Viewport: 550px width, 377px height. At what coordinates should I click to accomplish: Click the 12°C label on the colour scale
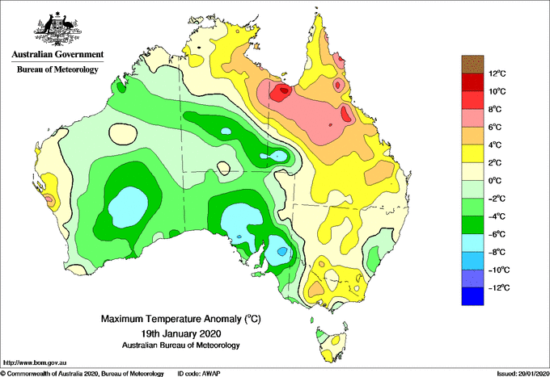tap(497, 73)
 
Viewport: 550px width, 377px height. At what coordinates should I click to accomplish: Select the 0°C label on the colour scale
tap(494, 181)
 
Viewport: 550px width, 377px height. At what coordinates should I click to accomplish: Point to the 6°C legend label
tap(494, 127)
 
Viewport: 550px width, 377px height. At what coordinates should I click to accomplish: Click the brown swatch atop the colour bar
tap(472, 64)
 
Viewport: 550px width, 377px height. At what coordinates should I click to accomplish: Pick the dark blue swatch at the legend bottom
tap(472, 296)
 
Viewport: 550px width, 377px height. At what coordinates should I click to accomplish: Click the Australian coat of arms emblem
tap(57, 29)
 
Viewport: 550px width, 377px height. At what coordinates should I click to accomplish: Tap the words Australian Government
tap(57, 54)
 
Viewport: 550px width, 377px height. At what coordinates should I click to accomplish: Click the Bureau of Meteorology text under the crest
tap(57, 69)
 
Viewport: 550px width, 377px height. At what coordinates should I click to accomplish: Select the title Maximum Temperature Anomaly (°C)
tap(181, 319)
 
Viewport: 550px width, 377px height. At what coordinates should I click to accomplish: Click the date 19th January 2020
tap(181, 333)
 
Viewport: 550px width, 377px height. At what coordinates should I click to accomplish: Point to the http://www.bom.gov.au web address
tap(34, 363)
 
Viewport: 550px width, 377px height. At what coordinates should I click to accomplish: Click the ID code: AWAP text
tap(199, 374)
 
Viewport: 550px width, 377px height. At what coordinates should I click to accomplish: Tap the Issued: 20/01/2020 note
tap(522, 374)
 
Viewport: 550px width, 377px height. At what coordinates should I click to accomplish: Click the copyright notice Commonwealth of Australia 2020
tap(82, 374)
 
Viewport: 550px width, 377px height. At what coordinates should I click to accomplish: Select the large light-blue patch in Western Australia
tap(128, 207)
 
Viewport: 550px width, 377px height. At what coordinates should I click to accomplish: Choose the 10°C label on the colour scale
tap(497, 91)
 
